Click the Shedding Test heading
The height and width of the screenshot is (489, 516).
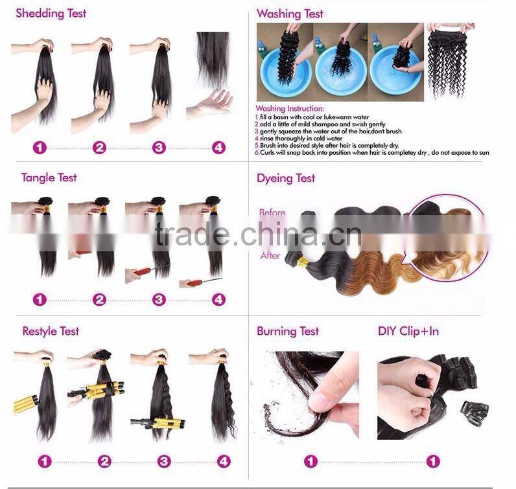click(x=51, y=13)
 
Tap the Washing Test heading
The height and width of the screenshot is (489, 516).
click(x=290, y=14)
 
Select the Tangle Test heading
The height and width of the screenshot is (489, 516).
click(x=49, y=177)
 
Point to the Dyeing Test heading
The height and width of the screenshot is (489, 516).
click(x=286, y=178)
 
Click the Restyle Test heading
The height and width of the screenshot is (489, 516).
click(x=51, y=332)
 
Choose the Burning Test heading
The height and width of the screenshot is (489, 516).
click(x=288, y=332)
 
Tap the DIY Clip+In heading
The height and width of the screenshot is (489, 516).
click(x=408, y=332)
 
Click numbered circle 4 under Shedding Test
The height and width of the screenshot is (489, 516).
click(x=219, y=148)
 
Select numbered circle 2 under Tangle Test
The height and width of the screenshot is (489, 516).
click(x=99, y=300)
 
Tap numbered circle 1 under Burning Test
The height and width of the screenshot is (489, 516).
click(x=311, y=462)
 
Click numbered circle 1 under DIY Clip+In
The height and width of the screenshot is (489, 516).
click(x=432, y=462)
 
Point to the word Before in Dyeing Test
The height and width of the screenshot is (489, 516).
click(x=272, y=212)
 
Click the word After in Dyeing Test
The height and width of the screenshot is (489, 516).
click(x=270, y=256)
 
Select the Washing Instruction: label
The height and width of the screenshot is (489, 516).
click(x=290, y=108)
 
